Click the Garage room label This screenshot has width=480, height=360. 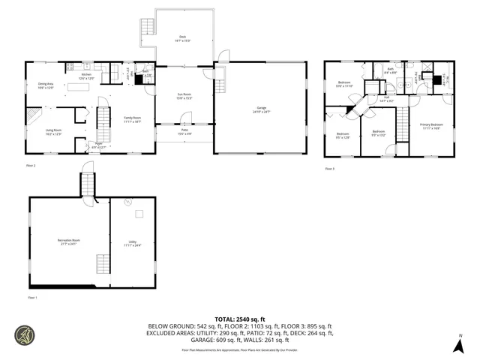tap(261, 111)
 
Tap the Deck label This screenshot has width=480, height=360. tap(182, 38)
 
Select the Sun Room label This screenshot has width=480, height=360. tap(184, 96)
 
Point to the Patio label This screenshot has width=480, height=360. tap(184, 133)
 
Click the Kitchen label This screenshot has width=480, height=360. tap(86, 76)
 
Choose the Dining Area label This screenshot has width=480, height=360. tap(46, 86)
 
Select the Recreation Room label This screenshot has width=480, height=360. tap(69, 241)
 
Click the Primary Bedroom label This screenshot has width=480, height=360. tap(431, 125)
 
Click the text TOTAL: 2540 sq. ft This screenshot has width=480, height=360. tap(240, 318)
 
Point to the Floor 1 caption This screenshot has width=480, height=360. tap(32, 298)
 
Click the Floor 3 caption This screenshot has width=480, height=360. tap(329, 169)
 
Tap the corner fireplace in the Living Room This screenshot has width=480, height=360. tap(34, 116)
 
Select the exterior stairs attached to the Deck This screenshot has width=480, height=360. tap(146, 28)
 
